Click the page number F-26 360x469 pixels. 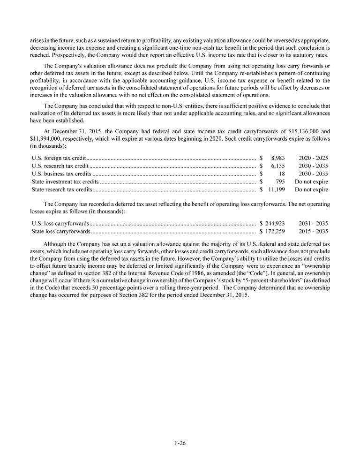click(180, 443)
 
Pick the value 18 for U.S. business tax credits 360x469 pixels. click(281, 174)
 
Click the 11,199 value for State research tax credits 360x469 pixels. click(276, 189)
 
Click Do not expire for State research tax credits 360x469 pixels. click(311, 189)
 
